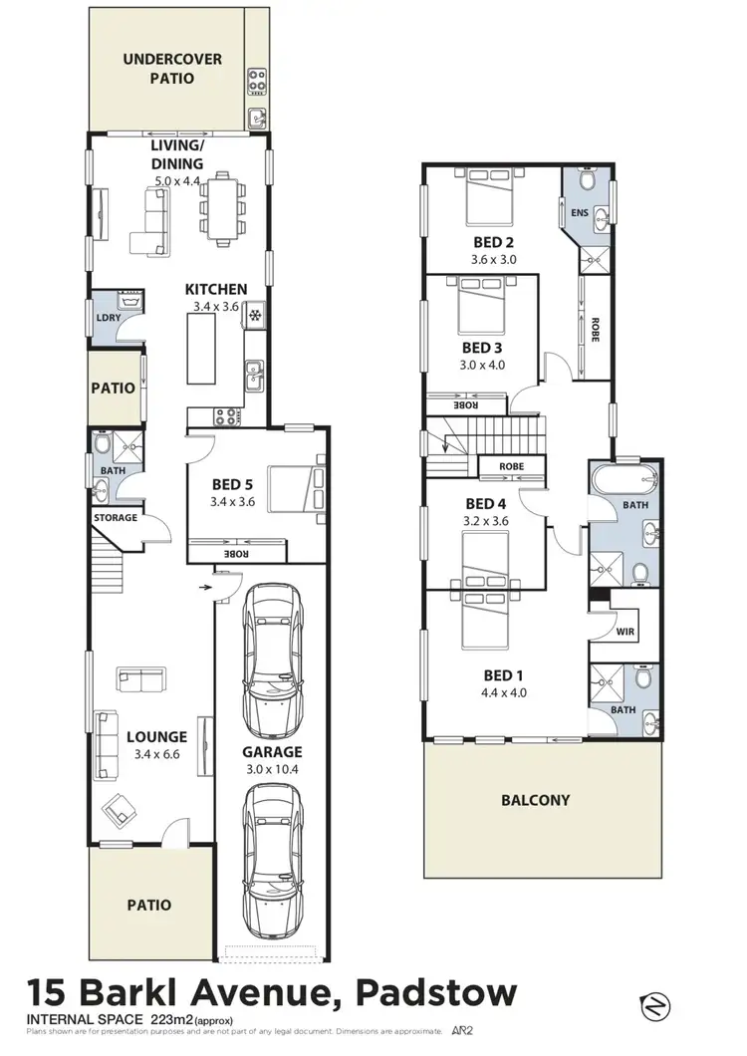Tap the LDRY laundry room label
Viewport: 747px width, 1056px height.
107,318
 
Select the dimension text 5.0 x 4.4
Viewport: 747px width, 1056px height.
178,181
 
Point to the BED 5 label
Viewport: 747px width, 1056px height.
234,485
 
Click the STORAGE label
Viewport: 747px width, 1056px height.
115,518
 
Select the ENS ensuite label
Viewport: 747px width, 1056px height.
579,212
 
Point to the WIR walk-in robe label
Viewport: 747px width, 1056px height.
625,632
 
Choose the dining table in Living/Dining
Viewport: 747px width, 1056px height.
223,207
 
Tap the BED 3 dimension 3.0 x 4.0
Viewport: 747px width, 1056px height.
483,365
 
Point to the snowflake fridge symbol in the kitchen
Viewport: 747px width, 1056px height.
254,317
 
